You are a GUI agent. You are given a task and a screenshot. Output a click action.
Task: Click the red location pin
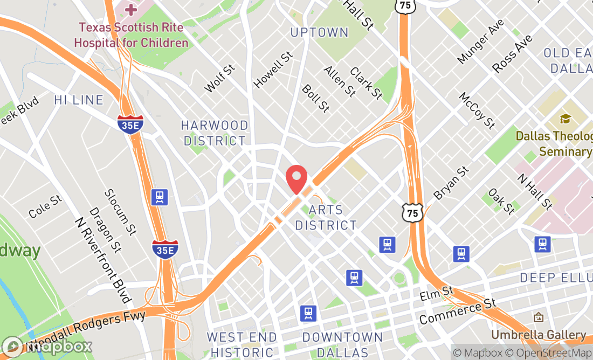coord(296,179)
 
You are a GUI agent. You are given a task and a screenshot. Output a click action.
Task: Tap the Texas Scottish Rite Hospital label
coord(131,34)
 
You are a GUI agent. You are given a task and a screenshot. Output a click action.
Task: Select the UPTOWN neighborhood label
coord(319,33)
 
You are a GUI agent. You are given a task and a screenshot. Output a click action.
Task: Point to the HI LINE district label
coord(79,100)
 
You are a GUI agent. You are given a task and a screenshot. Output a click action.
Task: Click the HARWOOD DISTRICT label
coord(215,133)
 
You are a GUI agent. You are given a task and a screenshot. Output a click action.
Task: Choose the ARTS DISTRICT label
coord(326,218)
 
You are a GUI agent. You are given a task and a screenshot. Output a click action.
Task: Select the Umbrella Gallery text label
coord(538,335)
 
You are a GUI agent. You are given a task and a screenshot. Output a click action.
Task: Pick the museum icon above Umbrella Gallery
coord(538,317)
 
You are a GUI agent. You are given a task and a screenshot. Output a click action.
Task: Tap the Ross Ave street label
coord(512,54)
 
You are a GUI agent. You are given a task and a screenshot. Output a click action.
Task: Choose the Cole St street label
coord(45,206)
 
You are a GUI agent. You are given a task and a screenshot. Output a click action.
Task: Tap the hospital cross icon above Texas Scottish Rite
coord(131,9)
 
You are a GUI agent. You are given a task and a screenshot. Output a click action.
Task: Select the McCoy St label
coord(477,110)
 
